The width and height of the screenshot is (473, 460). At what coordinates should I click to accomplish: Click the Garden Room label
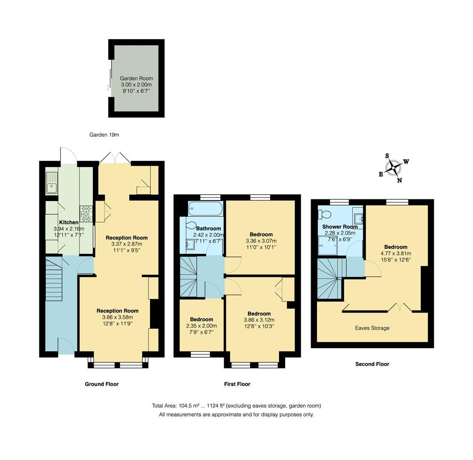point(136,78)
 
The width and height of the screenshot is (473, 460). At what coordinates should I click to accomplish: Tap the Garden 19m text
point(104,135)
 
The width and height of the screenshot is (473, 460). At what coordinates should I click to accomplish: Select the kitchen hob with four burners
point(86,214)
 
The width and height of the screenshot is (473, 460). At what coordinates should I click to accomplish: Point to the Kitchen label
point(69,222)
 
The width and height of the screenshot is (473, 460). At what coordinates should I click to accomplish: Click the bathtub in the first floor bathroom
point(205,209)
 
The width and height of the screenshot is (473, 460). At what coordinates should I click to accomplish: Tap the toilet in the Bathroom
point(191,225)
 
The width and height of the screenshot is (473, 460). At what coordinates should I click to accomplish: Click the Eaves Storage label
point(372,328)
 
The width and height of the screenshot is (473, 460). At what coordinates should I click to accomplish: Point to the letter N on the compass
point(399,180)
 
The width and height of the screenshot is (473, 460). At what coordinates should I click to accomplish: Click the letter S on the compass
point(387,156)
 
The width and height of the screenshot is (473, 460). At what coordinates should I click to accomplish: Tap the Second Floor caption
point(372,364)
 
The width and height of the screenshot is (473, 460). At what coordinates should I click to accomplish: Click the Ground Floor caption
point(101,384)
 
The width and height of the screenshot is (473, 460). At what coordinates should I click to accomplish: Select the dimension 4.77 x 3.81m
point(396,253)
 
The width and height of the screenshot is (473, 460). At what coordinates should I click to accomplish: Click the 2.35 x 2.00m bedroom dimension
point(201,326)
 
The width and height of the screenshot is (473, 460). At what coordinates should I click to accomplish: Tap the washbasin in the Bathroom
point(190,244)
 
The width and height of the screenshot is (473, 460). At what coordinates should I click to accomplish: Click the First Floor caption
point(237,384)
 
